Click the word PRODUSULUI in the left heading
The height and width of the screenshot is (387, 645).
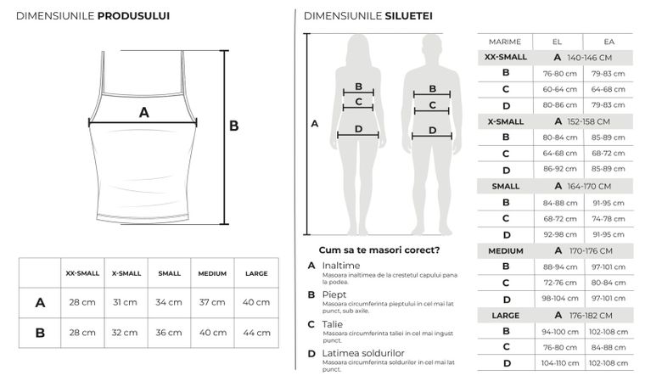[x=133, y=15]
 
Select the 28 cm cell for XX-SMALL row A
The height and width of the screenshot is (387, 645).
[x=82, y=302]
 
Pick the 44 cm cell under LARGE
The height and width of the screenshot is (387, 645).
[x=255, y=332]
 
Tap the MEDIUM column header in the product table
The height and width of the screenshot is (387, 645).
[x=212, y=273]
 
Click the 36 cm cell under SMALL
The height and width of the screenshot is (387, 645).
[x=169, y=332]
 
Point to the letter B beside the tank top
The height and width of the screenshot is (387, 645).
[x=234, y=126]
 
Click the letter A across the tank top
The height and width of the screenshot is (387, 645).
[x=143, y=112]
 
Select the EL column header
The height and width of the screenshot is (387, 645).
[x=557, y=41]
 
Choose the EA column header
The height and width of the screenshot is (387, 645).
[x=609, y=41]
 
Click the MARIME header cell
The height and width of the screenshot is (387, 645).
[x=505, y=41]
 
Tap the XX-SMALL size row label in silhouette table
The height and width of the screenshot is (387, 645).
[x=505, y=57]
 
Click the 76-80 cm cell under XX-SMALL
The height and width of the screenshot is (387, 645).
[x=557, y=73]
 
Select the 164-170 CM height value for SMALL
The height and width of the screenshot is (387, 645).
[x=588, y=186]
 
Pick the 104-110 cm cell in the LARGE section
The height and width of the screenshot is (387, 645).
[x=557, y=363]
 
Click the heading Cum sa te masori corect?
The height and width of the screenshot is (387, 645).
[x=379, y=250]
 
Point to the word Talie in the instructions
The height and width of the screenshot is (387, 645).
[x=334, y=324]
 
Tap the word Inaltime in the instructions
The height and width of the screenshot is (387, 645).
[x=340, y=266]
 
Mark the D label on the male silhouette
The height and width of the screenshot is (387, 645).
[x=433, y=130]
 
